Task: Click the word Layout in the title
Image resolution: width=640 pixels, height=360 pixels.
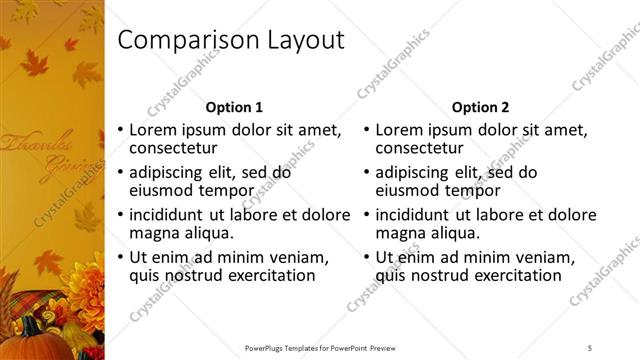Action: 300,41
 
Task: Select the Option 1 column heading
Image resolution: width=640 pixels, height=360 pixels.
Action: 234,107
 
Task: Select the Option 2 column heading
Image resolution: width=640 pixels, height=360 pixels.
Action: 480,107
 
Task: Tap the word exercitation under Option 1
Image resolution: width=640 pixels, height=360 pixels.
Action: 267,275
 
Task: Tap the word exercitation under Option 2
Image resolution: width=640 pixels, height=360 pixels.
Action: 513,275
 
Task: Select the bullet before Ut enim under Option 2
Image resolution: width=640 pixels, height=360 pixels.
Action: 368,258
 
